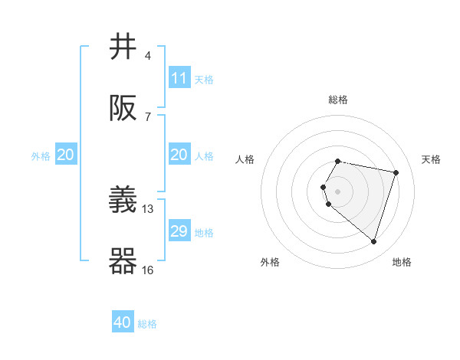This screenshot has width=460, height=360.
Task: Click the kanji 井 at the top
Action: (123, 47)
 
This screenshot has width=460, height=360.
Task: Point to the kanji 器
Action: (123, 261)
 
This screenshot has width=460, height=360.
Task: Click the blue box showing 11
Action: (179, 78)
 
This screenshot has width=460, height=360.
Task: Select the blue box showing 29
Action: (179, 231)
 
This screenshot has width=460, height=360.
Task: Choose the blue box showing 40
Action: (123, 322)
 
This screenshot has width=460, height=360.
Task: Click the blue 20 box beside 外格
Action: (66, 155)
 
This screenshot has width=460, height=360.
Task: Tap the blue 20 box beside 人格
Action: (179, 155)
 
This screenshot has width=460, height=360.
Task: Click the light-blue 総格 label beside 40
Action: (147, 324)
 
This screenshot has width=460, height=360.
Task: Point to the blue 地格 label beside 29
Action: (204, 232)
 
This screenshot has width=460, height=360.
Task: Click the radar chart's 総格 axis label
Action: (338, 100)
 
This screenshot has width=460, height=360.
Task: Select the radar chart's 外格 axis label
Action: (270, 262)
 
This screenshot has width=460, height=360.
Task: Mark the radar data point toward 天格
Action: (396, 172)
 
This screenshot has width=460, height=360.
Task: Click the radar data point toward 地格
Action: (373, 241)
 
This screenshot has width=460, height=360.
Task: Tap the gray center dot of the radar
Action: (338, 191)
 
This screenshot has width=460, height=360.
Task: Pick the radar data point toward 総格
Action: (338, 161)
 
